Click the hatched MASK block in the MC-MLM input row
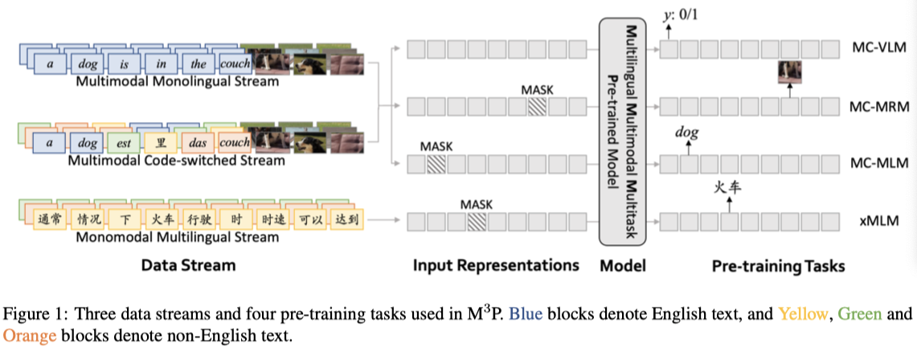coord(436,164)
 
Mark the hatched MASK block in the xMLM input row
coord(477,220)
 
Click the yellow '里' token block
coord(160,143)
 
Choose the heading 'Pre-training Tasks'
coord(778,265)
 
